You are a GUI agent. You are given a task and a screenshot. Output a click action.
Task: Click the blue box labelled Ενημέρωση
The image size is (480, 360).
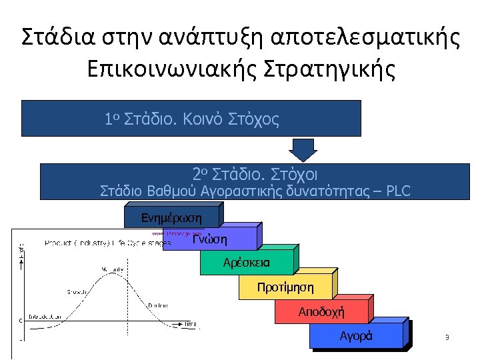(x=171, y=217)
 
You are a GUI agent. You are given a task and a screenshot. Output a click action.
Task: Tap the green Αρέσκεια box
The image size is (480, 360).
(x=247, y=262)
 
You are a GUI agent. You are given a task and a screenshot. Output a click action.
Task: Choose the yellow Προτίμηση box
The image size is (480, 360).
(x=285, y=287)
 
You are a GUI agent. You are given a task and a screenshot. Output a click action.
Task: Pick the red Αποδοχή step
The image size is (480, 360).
(x=321, y=311)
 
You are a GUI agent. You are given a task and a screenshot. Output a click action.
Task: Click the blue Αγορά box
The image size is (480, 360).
(x=356, y=335)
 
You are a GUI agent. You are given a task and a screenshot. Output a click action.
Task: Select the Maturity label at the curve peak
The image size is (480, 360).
(x=113, y=269)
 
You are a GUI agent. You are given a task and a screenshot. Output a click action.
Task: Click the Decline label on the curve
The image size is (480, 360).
(x=158, y=305)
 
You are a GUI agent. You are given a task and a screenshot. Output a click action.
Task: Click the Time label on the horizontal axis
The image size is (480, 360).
(x=191, y=323)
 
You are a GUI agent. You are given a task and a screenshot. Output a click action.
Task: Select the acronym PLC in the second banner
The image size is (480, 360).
(x=397, y=191)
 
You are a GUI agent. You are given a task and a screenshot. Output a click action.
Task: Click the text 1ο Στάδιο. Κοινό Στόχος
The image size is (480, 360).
(x=191, y=119)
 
